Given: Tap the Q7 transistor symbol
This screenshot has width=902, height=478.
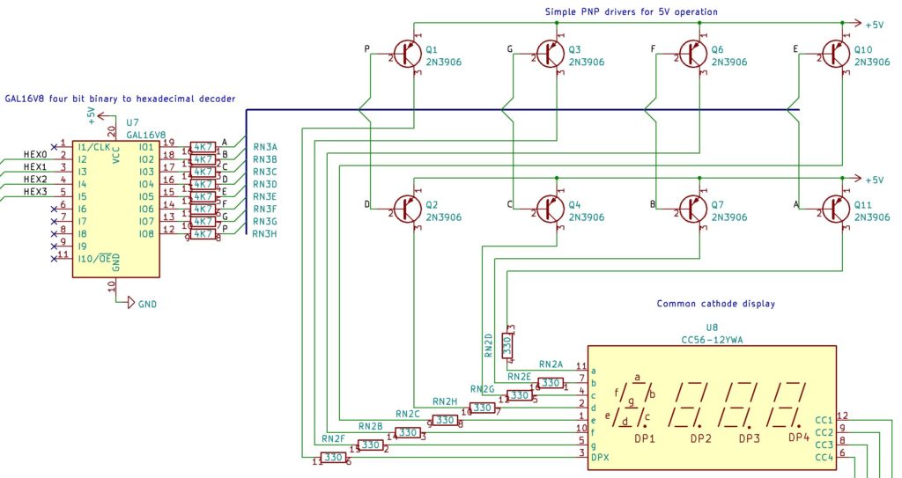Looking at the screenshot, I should [691, 210].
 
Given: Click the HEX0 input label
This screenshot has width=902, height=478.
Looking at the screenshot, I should [35, 154].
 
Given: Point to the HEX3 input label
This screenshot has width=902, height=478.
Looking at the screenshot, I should [35, 191].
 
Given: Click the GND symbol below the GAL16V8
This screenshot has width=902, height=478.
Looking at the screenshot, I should [130, 304].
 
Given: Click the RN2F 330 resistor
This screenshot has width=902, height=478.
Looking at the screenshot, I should [332, 458].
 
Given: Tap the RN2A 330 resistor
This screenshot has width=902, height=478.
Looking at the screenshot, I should [551, 383].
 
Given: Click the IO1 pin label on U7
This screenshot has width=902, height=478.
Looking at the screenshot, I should [146, 147].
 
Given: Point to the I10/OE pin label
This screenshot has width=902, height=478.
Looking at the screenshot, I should [97, 258].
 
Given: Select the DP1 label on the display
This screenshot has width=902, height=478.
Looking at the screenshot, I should [645, 438].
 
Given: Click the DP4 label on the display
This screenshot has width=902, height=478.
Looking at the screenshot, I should [798, 438].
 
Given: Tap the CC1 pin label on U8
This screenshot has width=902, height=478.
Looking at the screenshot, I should [824, 420].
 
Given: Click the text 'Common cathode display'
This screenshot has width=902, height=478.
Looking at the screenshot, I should [715, 304].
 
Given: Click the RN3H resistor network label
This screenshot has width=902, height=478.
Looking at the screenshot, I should [264, 233].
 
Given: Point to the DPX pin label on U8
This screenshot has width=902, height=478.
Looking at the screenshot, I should [600, 457].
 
